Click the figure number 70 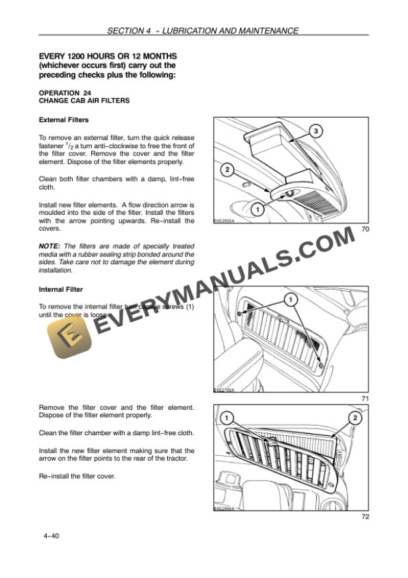pyautogui.click(x=365, y=229)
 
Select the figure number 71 pyautogui.click(x=365, y=398)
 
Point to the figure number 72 pyautogui.click(x=365, y=516)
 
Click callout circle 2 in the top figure pyautogui.click(x=227, y=170)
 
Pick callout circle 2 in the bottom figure pyautogui.click(x=354, y=418)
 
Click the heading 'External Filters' pyautogui.click(x=64, y=120)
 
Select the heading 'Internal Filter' pyautogui.click(x=61, y=290)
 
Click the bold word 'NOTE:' pyautogui.click(x=51, y=246)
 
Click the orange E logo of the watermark pyautogui.click(x=67, y=340)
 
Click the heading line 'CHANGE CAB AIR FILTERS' pyautogui.click(x=84, y=101)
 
